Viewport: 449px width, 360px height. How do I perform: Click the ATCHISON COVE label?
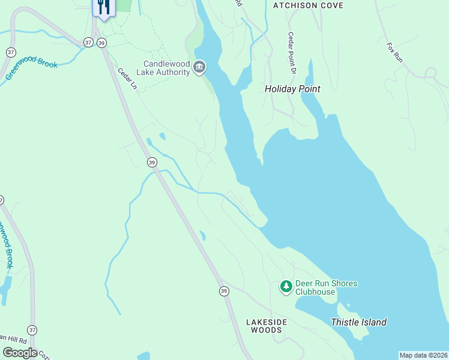308,5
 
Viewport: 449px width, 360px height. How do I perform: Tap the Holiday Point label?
292,89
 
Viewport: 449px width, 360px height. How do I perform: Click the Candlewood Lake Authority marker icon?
200,67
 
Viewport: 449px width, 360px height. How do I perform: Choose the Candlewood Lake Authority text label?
166,68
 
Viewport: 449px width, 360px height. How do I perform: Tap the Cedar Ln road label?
127,79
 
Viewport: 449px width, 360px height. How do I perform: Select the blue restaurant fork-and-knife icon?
103,8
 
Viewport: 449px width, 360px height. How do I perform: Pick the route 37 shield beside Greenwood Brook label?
10,52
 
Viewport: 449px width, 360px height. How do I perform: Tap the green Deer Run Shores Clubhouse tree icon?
286,287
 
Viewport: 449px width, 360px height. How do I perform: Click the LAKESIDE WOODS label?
267,326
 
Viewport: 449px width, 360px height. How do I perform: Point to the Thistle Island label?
358,322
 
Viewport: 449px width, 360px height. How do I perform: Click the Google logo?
20,353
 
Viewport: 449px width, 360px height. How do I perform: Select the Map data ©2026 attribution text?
424,355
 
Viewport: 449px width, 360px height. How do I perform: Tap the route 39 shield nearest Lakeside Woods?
224,291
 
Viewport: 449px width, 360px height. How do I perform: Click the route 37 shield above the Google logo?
32,330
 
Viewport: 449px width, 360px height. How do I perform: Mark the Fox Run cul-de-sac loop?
430,73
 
